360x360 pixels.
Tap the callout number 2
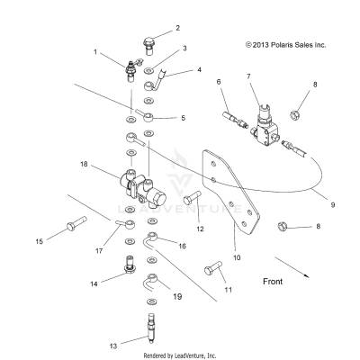[x=152, y=28]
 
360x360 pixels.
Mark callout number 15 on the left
[x=39, y=240]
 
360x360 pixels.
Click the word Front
[x=280, y=282]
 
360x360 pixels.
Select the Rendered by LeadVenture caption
[x=180, y=354]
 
